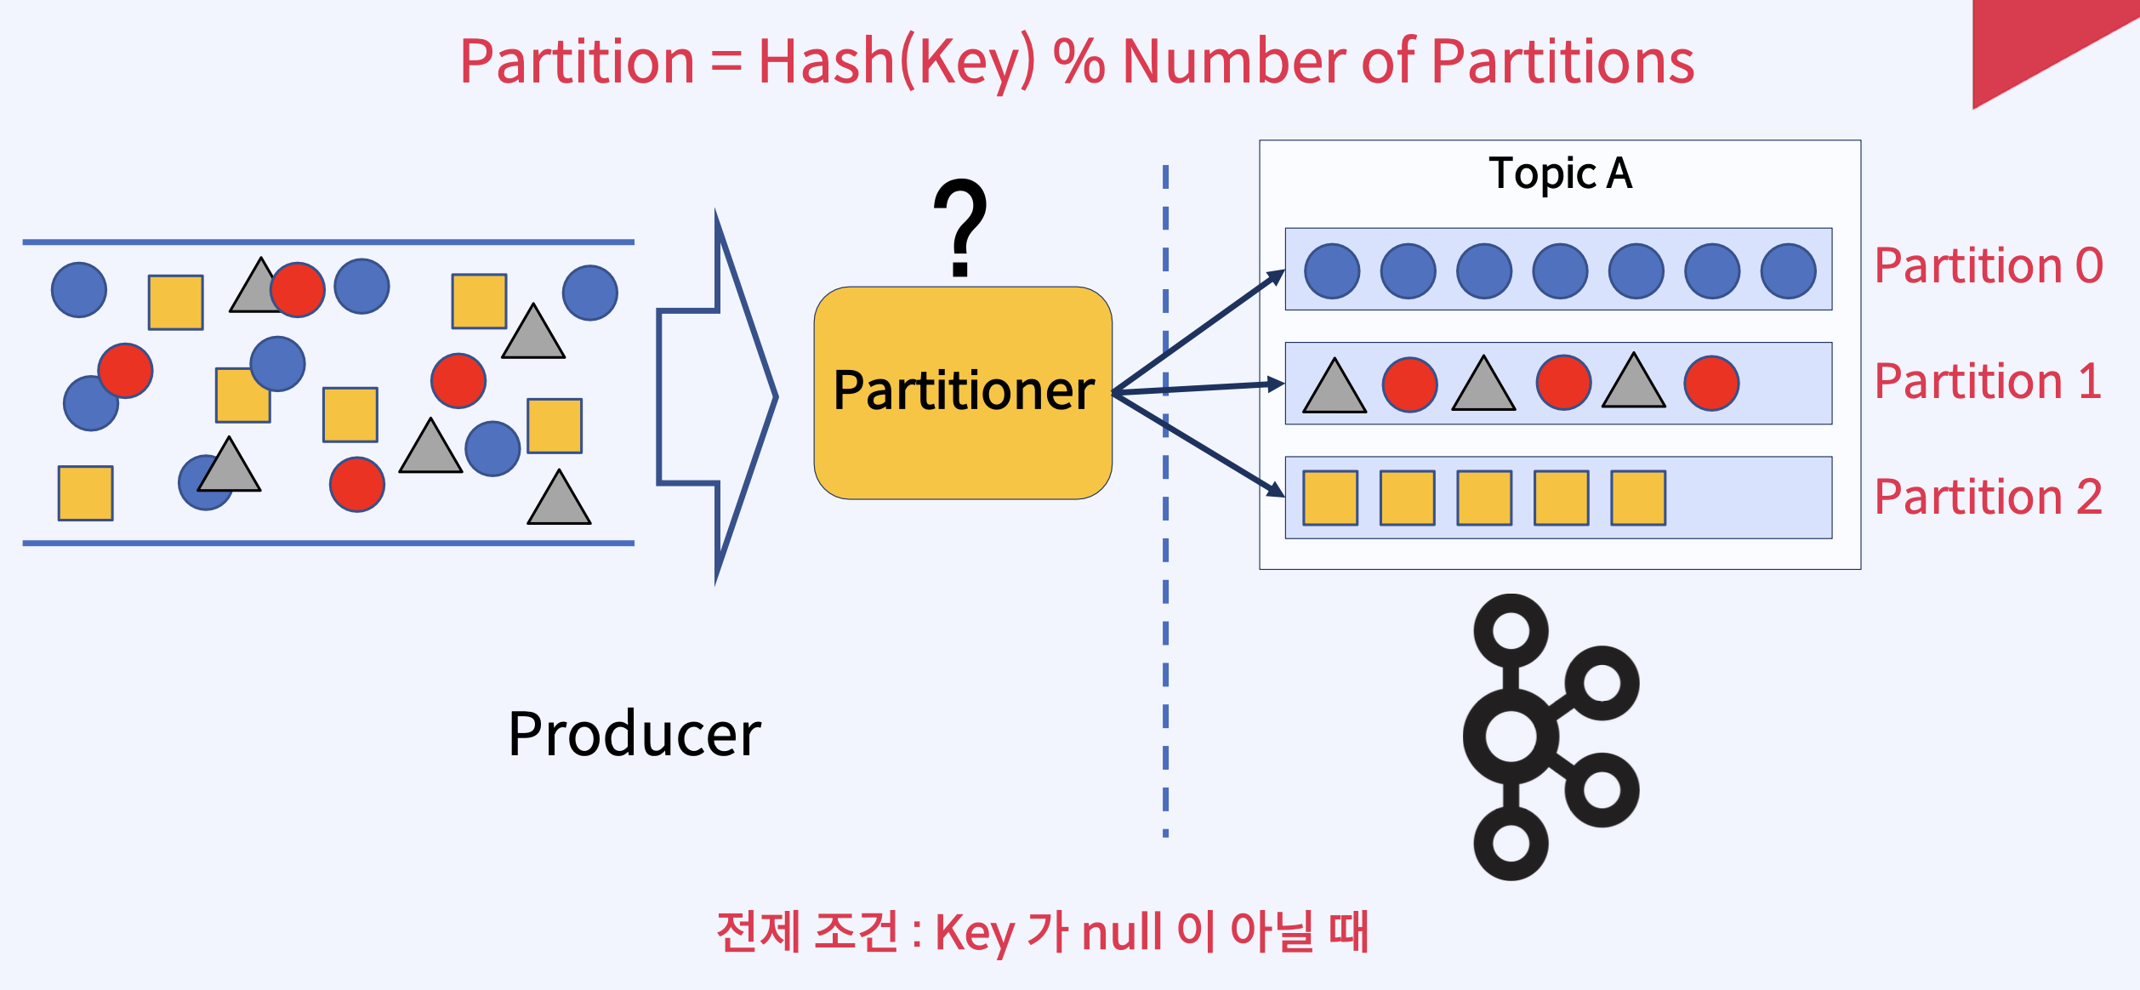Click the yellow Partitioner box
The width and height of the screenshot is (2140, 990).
[962, 393]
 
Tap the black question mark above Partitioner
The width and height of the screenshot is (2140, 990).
[960, 226]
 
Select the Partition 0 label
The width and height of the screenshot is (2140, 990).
[1989, 265]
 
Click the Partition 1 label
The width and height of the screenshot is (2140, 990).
[1989, 381]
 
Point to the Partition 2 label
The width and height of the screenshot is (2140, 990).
[1989, 497]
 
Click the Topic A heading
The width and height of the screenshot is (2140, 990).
[1560, 174]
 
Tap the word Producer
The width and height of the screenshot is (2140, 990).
[635, 734]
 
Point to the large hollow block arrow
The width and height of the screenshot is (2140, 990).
[716, 396]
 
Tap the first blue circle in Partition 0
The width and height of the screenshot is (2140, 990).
[1332, 271]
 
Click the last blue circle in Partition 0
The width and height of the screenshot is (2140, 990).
[1788, 271]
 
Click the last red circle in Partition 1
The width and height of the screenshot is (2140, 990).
[1711, 384]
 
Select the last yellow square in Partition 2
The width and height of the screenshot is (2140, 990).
[1638, 498]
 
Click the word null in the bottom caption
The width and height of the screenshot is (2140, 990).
[1121, 931]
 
